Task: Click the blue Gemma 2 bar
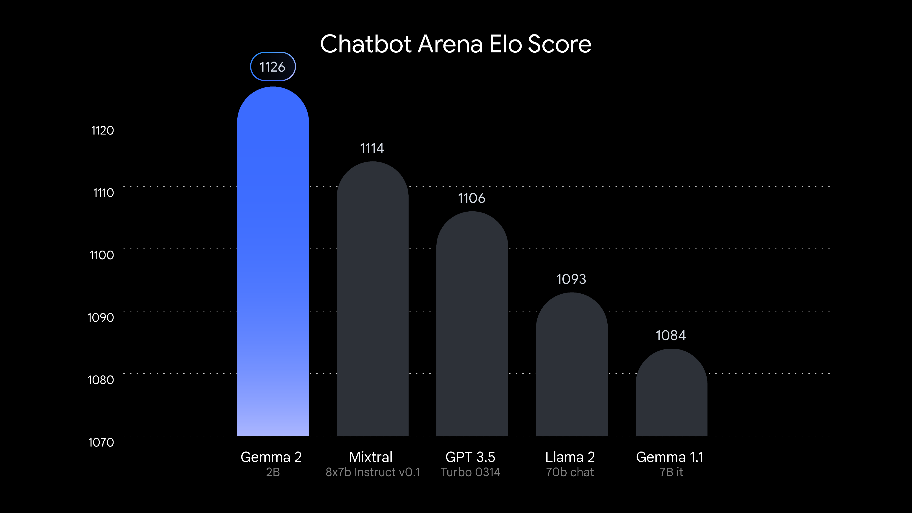(273, 262)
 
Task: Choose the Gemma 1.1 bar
(671, 393)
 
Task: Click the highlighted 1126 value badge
(273, 67)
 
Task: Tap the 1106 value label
(472, 198)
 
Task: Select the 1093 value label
(571, 279)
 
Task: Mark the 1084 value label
(671, 335)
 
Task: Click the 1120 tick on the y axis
(102, 131)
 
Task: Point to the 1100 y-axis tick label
(102, 255)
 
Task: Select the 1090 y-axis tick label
(101, 318)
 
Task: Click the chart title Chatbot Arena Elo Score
(456, 44)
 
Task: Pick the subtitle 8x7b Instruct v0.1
(373, 472)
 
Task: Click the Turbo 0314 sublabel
(470, 472)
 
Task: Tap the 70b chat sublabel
(570, 472)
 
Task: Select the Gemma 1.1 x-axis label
(669, 457)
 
